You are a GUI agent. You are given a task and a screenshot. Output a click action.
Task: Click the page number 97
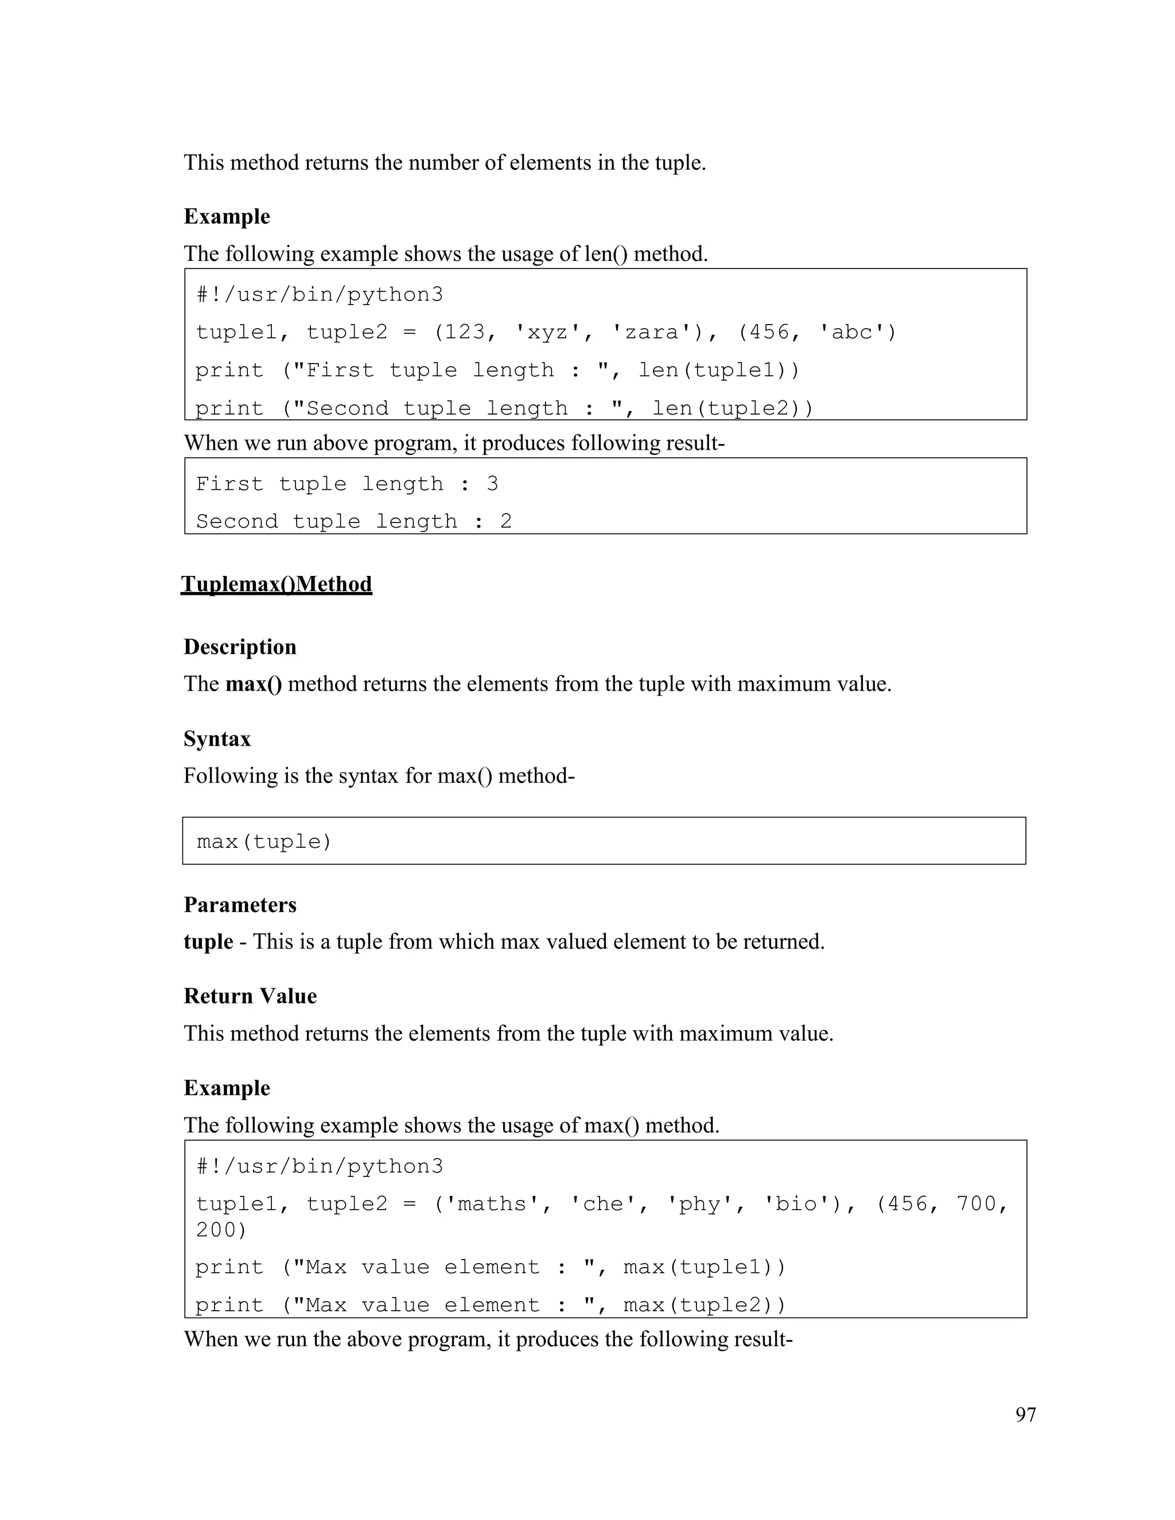(1025, 1414)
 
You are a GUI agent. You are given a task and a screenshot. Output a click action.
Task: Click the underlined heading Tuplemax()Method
(277, 584)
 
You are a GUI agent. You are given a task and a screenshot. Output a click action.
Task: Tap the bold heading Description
(240, 646)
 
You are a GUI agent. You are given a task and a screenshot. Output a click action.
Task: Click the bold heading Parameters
(240, 905)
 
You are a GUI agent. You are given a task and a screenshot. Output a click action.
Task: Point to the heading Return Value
(250, 996)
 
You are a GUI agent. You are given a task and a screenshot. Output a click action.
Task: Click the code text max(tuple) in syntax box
(264, 842)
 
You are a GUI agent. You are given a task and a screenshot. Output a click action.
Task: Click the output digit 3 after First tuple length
(492, 484)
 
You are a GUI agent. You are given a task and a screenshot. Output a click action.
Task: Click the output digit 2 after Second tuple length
(506, 521)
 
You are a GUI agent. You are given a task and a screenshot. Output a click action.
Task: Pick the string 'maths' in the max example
(492, 1204)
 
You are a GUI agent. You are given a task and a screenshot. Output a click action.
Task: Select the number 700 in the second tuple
(976, 1204)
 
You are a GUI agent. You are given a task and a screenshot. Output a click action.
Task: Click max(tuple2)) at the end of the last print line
(705, 1305)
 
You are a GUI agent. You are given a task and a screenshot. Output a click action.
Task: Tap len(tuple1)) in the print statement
(719, 371)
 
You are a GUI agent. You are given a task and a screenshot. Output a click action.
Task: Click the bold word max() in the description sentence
(254, 684)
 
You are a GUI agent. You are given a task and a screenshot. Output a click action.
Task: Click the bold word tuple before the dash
(208, 942)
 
